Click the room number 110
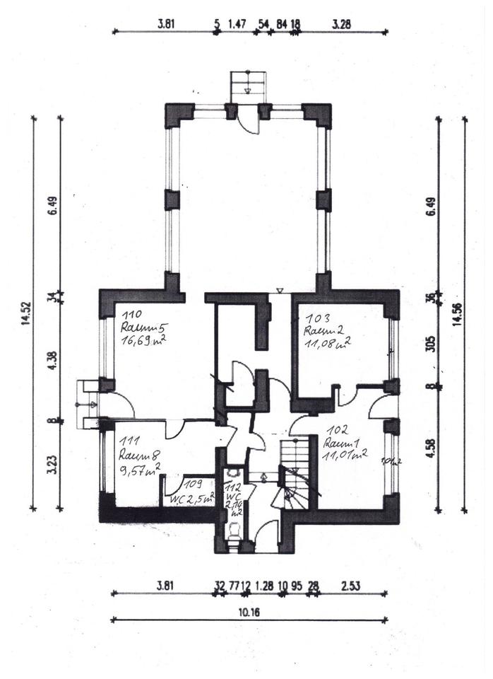[132, 314]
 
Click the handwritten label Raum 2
[322, 331]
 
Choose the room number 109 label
[192, 484]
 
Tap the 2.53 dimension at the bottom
[351, 585]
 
